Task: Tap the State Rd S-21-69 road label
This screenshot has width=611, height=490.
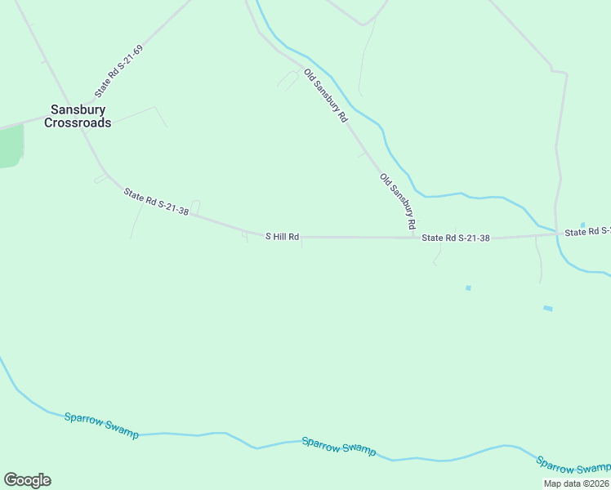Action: [119, 71]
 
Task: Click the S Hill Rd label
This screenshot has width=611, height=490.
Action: [283, 237]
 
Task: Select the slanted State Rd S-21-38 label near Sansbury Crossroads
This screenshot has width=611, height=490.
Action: [157, 203]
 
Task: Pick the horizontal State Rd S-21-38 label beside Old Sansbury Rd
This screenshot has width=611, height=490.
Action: [456, 238]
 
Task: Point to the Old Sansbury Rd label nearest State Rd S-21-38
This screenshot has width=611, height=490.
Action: [399, 201]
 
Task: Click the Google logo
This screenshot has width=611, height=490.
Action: [27, 480]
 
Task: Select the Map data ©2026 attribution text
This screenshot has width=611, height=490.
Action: [577, 483]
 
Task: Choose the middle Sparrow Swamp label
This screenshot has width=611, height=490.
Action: [339, 446]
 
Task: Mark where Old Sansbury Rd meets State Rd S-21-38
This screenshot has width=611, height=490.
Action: [415, 238]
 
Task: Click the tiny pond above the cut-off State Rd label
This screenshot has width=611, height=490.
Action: [582, 225]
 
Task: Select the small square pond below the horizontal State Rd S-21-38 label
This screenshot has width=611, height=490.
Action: [468, 287]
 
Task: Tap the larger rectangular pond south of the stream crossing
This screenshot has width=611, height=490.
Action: [547, 308]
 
